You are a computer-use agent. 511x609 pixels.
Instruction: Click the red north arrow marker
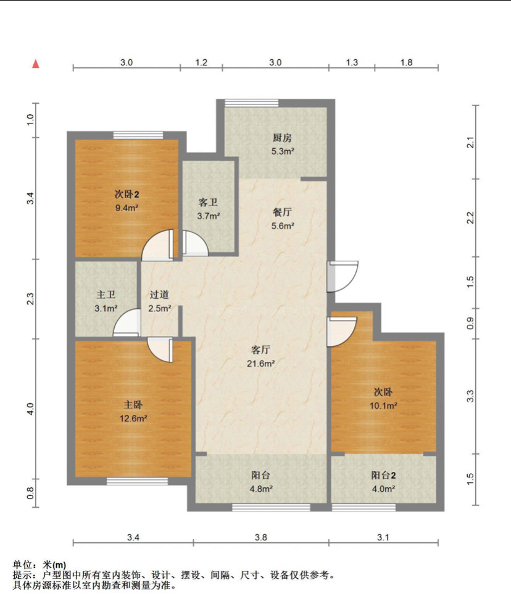(36, 64)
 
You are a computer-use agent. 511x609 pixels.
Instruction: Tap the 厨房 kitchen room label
(282, 138)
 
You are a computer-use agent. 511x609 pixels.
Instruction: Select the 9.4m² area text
(127, 208)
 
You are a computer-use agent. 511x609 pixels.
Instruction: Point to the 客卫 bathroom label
(208, 203)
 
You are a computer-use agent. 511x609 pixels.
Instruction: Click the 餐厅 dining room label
(282, 212)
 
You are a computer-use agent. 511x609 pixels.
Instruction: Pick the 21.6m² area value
(260, 364)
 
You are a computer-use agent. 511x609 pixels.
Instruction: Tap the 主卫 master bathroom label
(106, 295)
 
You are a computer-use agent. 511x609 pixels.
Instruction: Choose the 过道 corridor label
(159, 295)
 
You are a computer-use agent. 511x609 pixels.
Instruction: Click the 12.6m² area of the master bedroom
(133, 418)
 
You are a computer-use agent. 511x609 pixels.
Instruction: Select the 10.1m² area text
(383, 405)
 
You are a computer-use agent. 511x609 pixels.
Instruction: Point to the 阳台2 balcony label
(383, 475)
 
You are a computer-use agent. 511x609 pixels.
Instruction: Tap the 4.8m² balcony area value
(260, 489)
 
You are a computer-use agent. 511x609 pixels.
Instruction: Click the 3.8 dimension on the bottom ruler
(260, 537)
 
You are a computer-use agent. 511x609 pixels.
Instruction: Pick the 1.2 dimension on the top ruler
(201, 62)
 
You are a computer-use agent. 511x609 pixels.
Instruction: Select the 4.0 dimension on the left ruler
(30, 409)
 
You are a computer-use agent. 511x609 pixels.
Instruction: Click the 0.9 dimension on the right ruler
(470, 323)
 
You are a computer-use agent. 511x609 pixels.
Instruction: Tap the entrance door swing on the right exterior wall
(343, 276)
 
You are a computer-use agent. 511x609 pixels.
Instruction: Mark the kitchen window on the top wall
(252, 103)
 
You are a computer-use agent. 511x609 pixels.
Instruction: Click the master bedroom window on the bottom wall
(138, 481)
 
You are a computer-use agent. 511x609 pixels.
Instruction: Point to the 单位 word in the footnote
(22, 565)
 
